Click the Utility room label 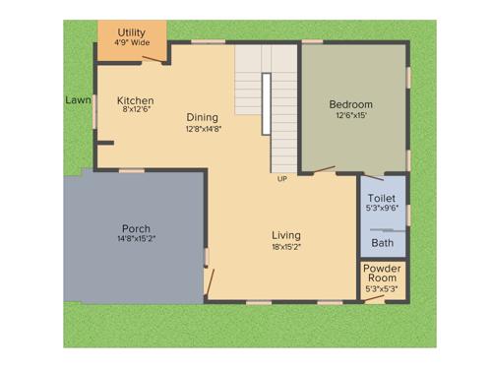pyautogui.click(x=132, y=32)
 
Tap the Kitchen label pyautogui.click(x=135, y=100)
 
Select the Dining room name pyautogui.click(x=203, y=117)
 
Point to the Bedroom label pyautogui.click(x=350, y=104)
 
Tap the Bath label pyautogui.click(x=382, y=243)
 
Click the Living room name pyautogui.click(x=286, y=235)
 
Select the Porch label pyautogui.click(x=136, y=228)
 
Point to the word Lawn pyautogui.click(x=78, y=99)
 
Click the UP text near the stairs pyautogui.click(x=282, y=179)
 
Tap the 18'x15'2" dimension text pyautogui.click(x=286, y=247)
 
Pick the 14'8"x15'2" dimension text pyautogui.click(x=136, y=239)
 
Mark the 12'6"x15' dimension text pyautogui.click(x=350, y=116)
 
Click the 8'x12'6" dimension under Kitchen pyautogui.click(x=136, y=110)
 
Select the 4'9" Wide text pyautogui.click(x=132, y=43)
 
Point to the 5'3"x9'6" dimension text pyautogui.click(x=382, y=208)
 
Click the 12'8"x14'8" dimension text pyautogui.click(x=204, y=128)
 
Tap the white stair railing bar pyautogui.click(x=266, y=103)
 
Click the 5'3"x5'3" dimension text pyautogui.click(x=382, y=289)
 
